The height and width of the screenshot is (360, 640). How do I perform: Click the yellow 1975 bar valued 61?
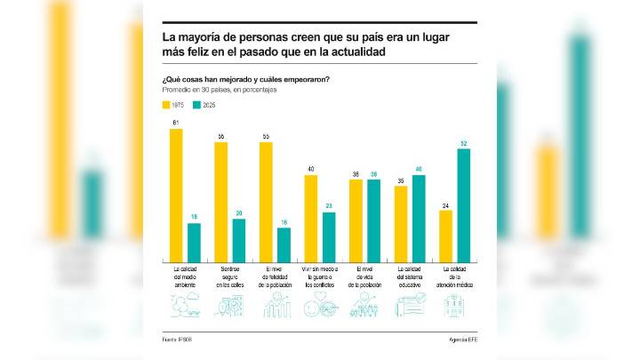(x=176, y=194)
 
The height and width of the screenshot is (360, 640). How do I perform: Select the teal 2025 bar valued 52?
(x=463, y=204)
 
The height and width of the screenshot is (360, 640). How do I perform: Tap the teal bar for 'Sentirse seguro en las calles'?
(x=238, y=238)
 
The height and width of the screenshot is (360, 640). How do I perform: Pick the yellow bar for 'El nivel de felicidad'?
(x=266, y=200)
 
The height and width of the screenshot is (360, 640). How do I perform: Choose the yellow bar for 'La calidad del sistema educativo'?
(x=401, y=222)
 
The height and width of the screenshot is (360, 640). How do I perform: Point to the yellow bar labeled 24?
(x=445, y=234)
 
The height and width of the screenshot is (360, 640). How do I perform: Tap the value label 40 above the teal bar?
(x=419, y=169)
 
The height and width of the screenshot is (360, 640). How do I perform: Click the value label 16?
(x=284, y=222)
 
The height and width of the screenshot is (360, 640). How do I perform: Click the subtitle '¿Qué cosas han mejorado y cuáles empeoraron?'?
(x=246, y=80)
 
